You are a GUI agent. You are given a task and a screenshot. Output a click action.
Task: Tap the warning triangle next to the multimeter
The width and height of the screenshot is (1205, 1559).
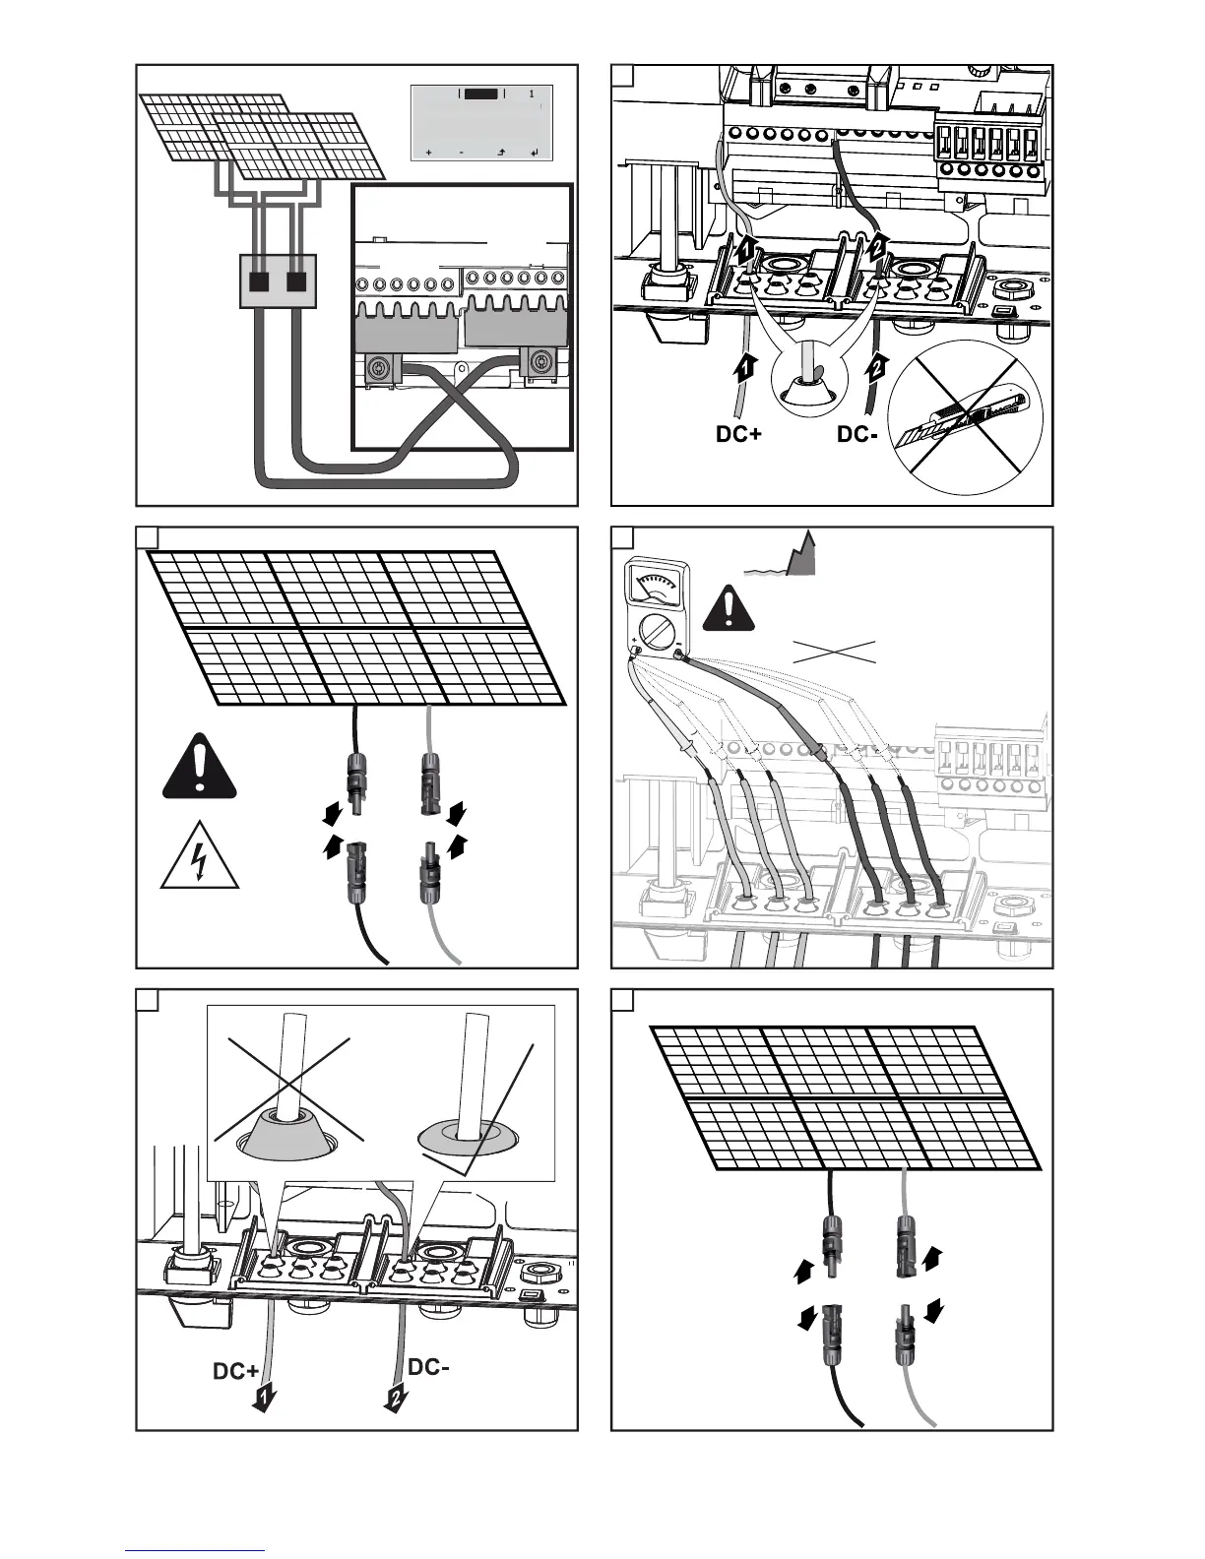pyautogui.click(x=728, y=610)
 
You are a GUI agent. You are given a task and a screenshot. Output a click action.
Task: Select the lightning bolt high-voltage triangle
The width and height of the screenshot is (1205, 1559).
pyautogui.click(x=201, y=855)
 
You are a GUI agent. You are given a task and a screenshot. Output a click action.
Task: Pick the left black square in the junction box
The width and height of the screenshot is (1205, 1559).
pyautogui.click(x=259, y=281)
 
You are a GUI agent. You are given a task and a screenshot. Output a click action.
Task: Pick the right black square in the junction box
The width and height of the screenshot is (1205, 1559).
pyautogui.click(x=296, y=281)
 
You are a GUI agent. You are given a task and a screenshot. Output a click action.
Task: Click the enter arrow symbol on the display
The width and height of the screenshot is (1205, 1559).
pyautogui.click(x=534, y=154)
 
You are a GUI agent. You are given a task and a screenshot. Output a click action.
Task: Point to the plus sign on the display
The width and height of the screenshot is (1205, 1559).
pyautogui.click(x=428, y=154)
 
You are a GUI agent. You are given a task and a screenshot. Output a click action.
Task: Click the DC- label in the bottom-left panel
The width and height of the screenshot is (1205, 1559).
pyautogui.click(x=428, y=1367)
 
